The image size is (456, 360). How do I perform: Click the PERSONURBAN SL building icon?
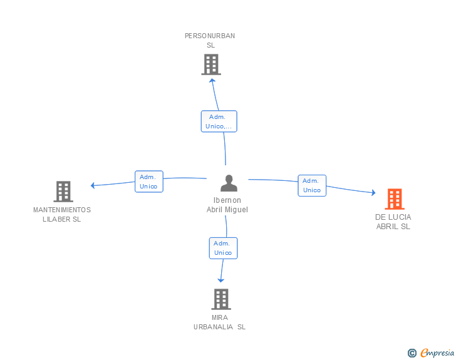(211, 64)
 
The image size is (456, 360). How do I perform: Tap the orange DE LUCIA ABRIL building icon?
(394, 199)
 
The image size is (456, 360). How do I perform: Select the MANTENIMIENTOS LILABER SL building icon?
(63, 192)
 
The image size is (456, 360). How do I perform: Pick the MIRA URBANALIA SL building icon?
(220, 299)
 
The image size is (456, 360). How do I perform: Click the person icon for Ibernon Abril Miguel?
(229, 183)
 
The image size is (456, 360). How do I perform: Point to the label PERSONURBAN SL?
(210, 40)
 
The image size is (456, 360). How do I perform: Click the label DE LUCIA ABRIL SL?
(393, 222)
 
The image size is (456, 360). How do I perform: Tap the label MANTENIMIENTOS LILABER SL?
(62, 214)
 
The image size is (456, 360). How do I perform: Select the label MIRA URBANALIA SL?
(220, 322)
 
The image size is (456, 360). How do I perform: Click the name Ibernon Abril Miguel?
(227, 205)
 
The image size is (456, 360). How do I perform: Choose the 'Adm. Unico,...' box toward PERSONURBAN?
(219, 121)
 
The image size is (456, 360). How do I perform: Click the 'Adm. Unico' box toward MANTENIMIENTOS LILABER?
(148, 182)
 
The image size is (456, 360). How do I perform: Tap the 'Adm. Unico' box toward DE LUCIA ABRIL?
(312, 185)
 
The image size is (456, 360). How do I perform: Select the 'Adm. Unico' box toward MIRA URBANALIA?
(223, 248)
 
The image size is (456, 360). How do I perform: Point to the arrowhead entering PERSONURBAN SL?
(212, 80)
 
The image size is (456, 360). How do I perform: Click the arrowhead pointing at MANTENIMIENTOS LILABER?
(93, 185)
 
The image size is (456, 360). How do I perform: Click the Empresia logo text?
(437, 352)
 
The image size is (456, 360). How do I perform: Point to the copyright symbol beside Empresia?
(412, 353)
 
